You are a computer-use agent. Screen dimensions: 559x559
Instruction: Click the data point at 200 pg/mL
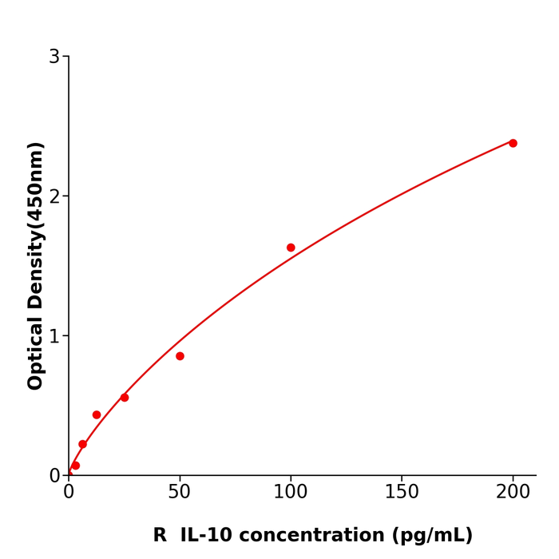pyautogui.click(x=513, y=143)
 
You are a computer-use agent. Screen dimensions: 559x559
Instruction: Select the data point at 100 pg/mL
pyautogui.click(x=291, y=248)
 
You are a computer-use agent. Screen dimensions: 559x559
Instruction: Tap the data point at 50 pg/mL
pyautogui.click(x=180, y=356)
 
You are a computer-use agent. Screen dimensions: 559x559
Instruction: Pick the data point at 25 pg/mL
pyautogui.click(x=125, y=398)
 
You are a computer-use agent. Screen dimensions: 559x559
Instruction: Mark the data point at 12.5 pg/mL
pyautogui.click(x=97, y=414)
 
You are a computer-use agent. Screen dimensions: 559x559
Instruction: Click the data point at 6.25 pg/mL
pyautogui.click(x=82, y=444)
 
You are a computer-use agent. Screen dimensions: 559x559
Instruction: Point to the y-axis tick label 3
pyautogui.click(x=54, y=57)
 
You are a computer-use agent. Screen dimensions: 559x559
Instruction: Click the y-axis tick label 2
pyautogui.click(x=54, y=196)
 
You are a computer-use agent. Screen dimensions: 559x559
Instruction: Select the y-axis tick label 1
pyautogui.click(x=54, y=336)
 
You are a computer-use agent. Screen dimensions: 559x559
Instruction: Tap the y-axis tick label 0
pyautogui.click(x=54, y=476)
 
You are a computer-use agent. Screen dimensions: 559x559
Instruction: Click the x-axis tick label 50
pyautogui.click(x=180, y=493)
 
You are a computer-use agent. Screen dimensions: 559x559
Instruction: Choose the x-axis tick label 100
pyautogui.click(x=291, y=493)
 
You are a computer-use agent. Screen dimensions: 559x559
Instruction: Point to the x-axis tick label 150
pyautogui.click(x=402, y=493)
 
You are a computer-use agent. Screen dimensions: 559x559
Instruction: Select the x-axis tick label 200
pyautogui.click(x=513, y=493)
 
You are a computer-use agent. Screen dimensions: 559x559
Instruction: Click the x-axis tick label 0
pyautogui.click(x=69, y=493)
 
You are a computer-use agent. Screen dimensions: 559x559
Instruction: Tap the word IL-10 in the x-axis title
pyautogui.click(x=206, y=536)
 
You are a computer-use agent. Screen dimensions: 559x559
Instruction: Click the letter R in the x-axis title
pyautogui.click(x=160, y=536)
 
